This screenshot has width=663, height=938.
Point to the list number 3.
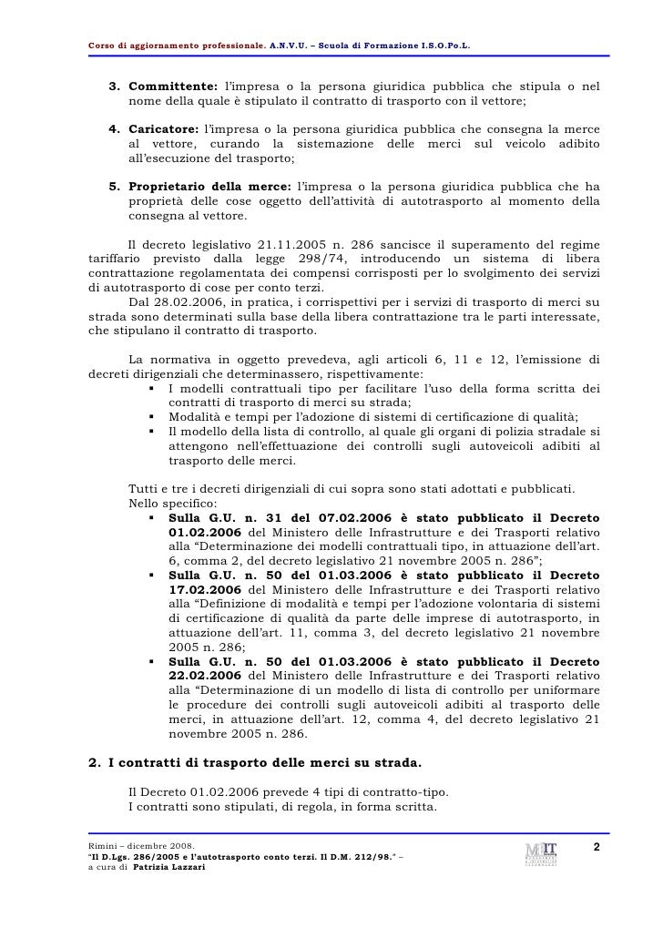coord(115,86)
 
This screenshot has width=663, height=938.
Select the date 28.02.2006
coord(188,301)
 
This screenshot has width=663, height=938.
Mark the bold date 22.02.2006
coord(205,676)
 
